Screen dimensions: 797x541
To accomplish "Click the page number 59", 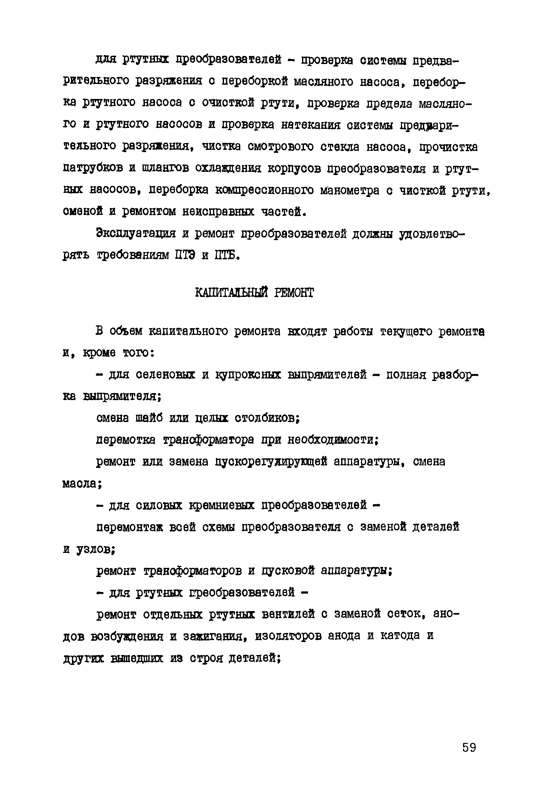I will [x=469, y=747].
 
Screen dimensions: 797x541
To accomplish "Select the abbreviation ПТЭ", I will [x=185, y=256].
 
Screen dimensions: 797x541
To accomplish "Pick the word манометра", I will [x=350, y=190].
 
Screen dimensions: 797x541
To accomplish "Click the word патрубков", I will [x=93, y=168].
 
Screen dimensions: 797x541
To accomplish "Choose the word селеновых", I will [x=165, y=375].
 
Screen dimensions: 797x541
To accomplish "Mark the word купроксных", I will [x=248, y=375].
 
